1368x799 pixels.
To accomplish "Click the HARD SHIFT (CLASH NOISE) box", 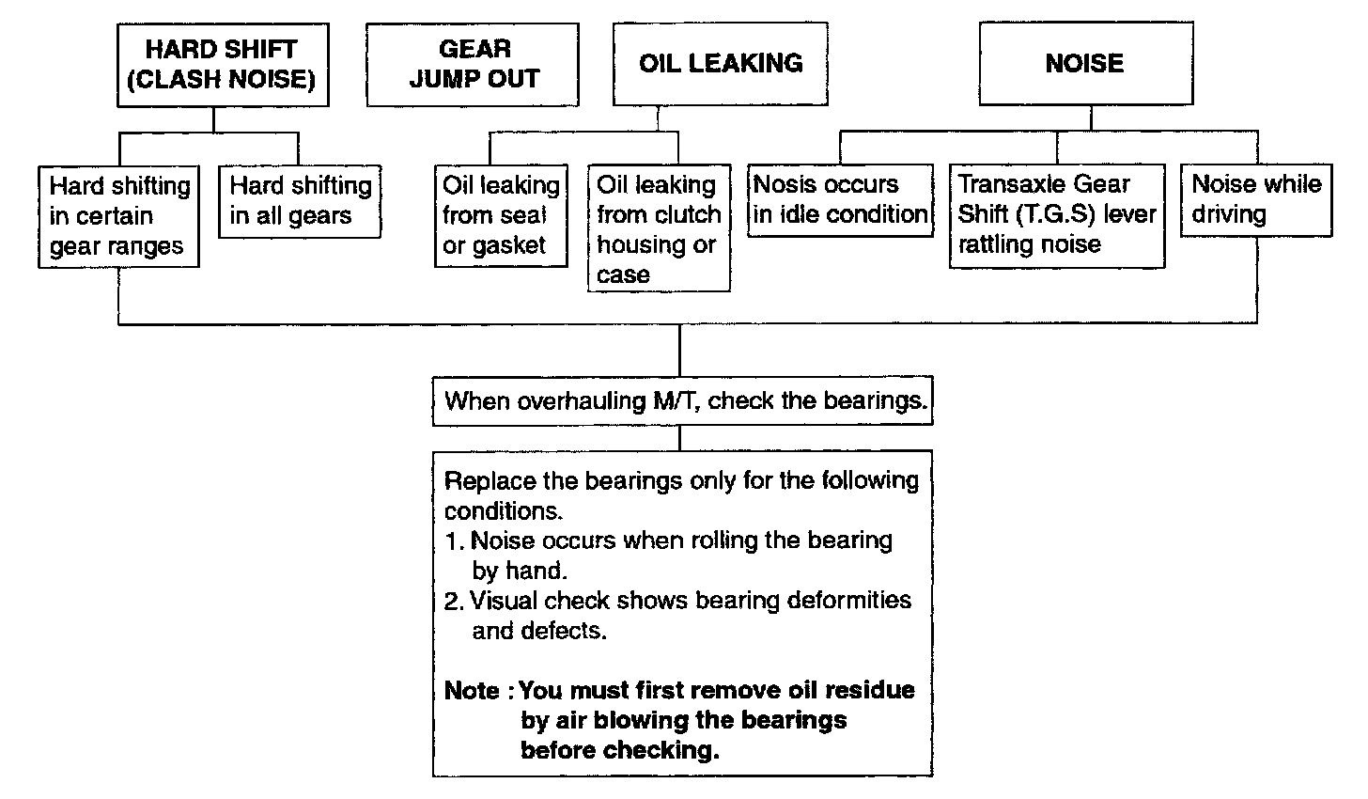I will (221, 64).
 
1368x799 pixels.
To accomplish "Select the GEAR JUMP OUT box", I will (473, 64).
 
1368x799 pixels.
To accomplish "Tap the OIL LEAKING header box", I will (721, 64).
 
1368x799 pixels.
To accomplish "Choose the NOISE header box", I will (1084, 64).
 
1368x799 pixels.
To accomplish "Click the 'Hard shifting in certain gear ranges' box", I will (118, 216).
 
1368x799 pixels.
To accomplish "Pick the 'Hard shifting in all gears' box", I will (299, 201).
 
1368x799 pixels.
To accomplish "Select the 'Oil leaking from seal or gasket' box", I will (501, 216).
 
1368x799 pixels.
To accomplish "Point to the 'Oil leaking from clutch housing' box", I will (659, 230).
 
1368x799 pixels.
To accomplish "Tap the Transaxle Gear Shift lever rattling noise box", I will (1056, 215).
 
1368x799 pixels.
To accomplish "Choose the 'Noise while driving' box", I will (1256, 199).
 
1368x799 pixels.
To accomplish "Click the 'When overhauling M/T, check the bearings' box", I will (683, 401).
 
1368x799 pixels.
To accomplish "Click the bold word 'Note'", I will (473, 691).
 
